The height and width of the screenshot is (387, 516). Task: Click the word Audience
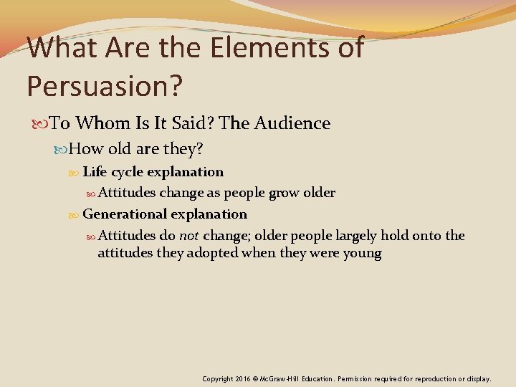click(x=290, y=123)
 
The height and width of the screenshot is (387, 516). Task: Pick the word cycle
click(x=126, y=172)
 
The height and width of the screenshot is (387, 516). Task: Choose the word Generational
click(x=123, y=214)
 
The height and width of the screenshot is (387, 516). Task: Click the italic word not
click(x=189, y=236)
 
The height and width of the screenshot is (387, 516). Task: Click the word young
click(x=361, y=253)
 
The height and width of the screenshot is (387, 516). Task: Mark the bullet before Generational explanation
click(x=76, y=215)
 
